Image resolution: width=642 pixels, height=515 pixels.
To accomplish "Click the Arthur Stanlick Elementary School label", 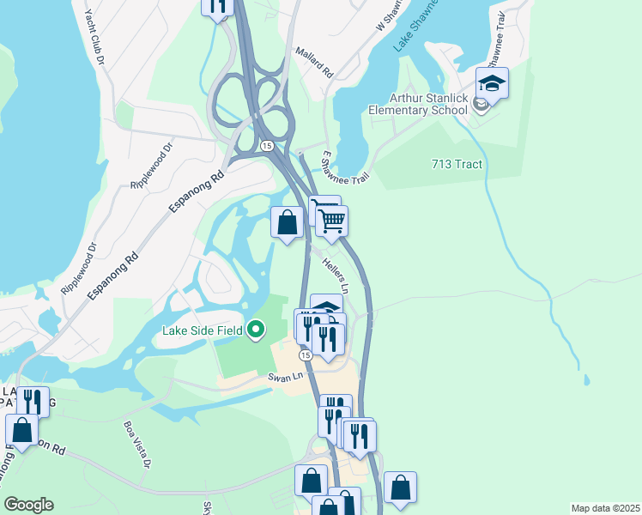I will pos(418,104).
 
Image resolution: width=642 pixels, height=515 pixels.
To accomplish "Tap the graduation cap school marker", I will pos(492,83).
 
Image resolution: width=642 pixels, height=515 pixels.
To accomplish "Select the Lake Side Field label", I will pos(203,330).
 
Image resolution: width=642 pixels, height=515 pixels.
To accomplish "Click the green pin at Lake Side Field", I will pos(256,330).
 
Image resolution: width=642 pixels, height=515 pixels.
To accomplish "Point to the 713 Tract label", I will pos(457,164).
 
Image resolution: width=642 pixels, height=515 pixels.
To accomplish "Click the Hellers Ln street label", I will pos(336,274).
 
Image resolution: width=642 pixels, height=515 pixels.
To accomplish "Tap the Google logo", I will pos(28,505).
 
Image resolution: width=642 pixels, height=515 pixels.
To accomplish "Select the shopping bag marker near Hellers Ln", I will pos(288,222).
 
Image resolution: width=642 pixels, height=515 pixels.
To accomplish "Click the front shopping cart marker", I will pos(331,220).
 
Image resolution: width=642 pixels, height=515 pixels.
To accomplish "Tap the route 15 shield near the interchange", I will pos(268,147).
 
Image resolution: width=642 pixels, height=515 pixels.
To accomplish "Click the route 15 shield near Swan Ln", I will pos(305,354).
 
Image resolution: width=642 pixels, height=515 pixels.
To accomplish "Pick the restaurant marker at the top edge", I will pos(218,5).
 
